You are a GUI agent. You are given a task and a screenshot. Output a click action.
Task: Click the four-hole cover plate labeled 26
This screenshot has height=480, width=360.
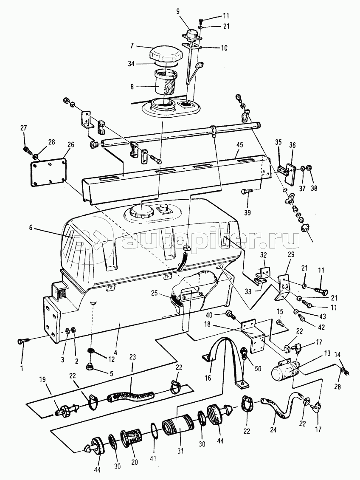pos(48,172)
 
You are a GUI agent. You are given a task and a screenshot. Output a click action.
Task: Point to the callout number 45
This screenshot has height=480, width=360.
pos(239,145)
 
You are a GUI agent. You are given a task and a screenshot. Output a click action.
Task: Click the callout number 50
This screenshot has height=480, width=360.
pos(258,369)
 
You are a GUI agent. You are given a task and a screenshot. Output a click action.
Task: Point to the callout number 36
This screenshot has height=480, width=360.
pos(292,145)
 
